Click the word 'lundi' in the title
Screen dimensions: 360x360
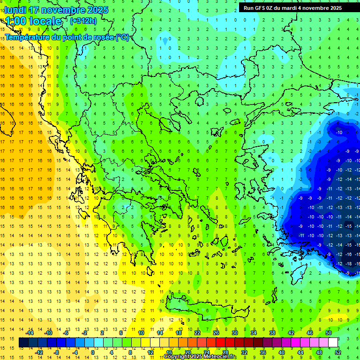[x=15, y=10]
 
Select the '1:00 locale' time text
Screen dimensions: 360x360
[x=33, y=21]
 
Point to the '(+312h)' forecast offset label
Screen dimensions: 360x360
[x=83, y=21]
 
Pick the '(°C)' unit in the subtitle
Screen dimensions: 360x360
[x=122, y=37]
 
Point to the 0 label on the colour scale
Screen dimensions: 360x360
[x=92, y=352]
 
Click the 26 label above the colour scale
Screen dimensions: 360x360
[x=216, y=333]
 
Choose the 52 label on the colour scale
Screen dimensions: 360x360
[x=338, y=352]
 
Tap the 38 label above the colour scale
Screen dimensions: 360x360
[x=272, y=333]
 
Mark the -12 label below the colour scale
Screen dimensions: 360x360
[x=39, y=352]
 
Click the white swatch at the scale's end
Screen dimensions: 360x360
[x=333, y=343]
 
